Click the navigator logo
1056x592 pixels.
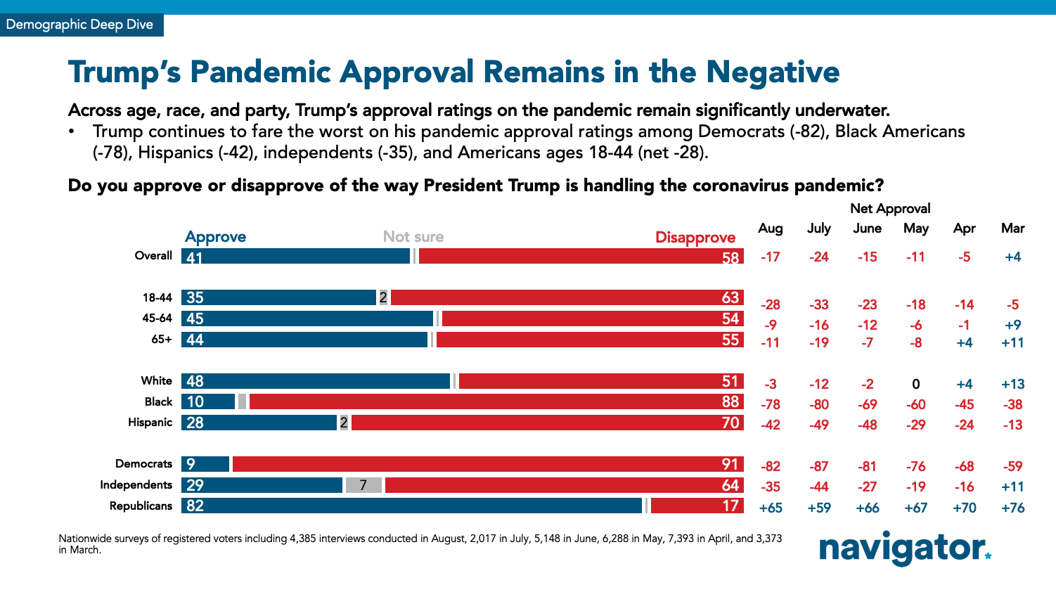(x=904, y=548)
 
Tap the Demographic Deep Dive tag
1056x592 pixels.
(x=79, y=25)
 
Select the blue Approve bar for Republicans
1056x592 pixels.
(x=412, y=506)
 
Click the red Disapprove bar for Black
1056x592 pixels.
(x=496, y=401)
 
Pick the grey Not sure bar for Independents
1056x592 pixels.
(x=363, y=485)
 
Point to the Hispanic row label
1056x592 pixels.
(x=150, y=423)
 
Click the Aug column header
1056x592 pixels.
(x=771, y=229)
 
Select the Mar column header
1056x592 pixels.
(x=1012, y=229)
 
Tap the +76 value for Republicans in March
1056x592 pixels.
(x=1012, y=508)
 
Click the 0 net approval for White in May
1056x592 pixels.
(x=915, y=384)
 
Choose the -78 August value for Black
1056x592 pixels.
(x=771, y=404)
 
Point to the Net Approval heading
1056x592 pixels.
(x=890, y=209)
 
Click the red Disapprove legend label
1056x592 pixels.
(x=695, y=238)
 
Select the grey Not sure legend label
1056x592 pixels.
(x=413, y=237)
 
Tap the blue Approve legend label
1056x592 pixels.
(x=215, y=237)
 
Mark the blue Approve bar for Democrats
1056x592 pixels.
(x=205, y=464)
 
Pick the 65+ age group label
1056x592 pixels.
(x=162, y=340)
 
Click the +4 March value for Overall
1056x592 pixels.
(x=1012, y=257)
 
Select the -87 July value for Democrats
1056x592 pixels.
(x=819, y=466)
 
